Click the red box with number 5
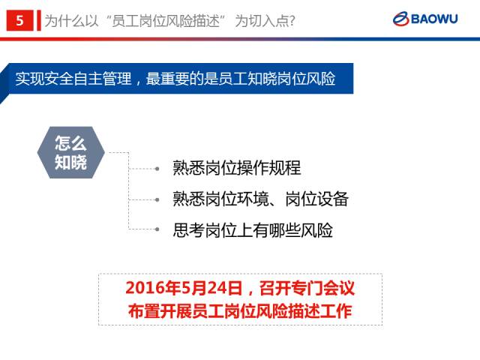click(x=19, y=20)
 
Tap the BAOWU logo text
click(x=434, y=19)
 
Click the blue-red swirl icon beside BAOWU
click(x=401, y=19)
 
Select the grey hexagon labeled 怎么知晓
click(x=71, y=152)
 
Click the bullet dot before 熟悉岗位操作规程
click(x=157, y=169)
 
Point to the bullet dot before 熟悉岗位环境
click(x=157, y=200)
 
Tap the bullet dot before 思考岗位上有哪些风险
click(x=157, y=229)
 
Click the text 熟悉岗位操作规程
click(x=237, y=168)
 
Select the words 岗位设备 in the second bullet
click(x=316, y=199)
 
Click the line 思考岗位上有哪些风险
click(x=253, y=230)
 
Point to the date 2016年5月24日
click(x=184, y=288)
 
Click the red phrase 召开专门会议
click(x=307, y=288)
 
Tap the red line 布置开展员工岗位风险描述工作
click(x=240, y=311)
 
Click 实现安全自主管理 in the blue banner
click(x=73, y=79)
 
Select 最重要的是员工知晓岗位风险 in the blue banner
click(x=241, y=79)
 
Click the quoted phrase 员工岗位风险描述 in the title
click(x=166, y=21)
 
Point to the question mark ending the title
click(x=292, y=21)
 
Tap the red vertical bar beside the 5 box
click(x=39, y=20)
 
